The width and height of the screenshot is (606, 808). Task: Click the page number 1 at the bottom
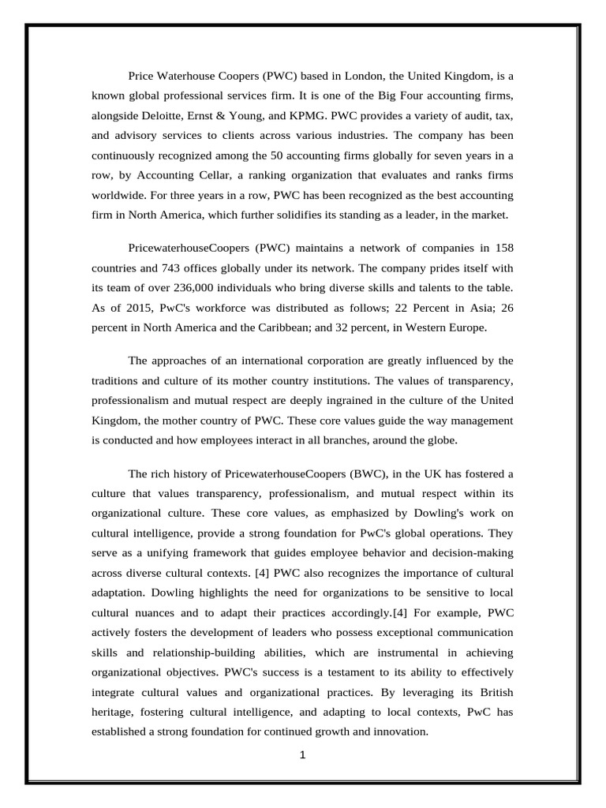point(302,755)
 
